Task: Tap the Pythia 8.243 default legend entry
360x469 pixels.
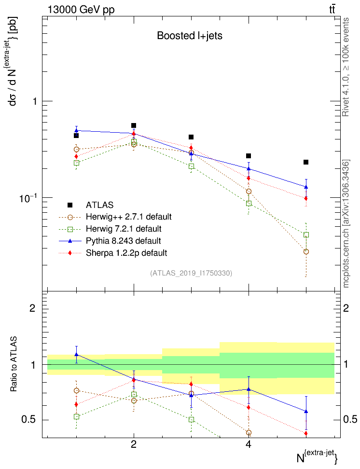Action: (123, 241)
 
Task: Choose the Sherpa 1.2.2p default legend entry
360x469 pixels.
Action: (126, 253)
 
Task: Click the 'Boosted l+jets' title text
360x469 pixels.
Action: (189, 36)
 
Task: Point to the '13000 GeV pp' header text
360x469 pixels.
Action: (81, 10)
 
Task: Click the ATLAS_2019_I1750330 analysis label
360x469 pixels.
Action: (191, 273)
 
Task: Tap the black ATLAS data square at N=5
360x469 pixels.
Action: (306, 162)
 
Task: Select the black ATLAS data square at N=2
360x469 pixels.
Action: (134, 125)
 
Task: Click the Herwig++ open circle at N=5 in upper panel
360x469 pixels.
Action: (306, 251)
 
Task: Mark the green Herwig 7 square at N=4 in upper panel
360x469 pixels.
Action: (249, 203)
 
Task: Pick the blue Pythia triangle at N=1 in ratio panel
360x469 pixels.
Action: (76, 355)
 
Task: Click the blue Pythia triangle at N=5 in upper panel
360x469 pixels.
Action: (306, 187)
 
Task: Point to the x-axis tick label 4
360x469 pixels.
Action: (249, 444)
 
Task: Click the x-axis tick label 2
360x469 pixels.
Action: (134, 444)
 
